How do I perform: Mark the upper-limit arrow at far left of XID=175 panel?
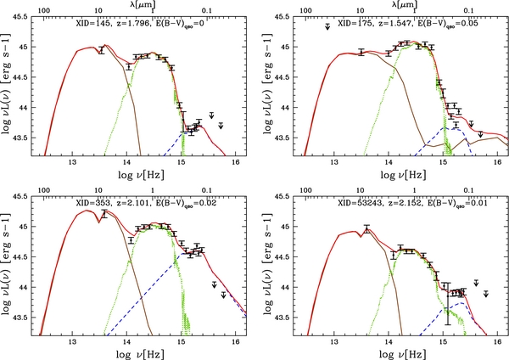tap(327, 29)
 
